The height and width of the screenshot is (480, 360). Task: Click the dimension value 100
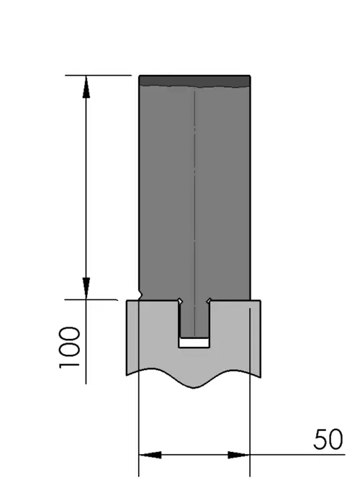click(x=70, y=348)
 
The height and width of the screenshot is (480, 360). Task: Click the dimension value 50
click(x=328, y=439)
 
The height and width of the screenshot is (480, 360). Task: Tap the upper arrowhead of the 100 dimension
click(x=86, y=87)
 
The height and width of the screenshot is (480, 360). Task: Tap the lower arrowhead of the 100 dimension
click(x=86, y=289)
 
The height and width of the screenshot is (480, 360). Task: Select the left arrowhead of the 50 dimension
click(x=150, y=455)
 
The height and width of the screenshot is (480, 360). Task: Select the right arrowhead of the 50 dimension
click(x=238, y=455)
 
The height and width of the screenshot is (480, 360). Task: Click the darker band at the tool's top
click(x=194, y=81)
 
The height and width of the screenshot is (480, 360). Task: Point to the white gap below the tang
click(x=194, y=343)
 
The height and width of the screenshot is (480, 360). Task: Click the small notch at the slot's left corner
click(x=180, y=301)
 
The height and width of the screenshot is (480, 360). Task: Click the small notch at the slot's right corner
click(x=209, y=301)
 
